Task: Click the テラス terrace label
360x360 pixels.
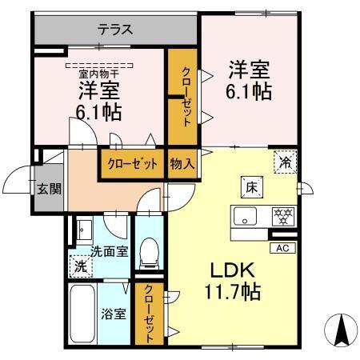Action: (x=115, y=30)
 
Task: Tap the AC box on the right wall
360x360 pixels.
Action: (x=282, y=248)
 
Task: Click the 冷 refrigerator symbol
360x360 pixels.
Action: (x=285, y=161)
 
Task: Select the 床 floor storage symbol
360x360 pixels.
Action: (x=250, y=188)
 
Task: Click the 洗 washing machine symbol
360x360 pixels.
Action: (x=82, y=266)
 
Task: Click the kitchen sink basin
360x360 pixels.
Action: (x=245, y=215)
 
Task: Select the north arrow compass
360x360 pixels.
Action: (x=339, y=329)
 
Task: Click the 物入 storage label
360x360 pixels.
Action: (x=183, y=163)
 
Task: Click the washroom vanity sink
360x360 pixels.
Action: (x=83, y=230)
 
